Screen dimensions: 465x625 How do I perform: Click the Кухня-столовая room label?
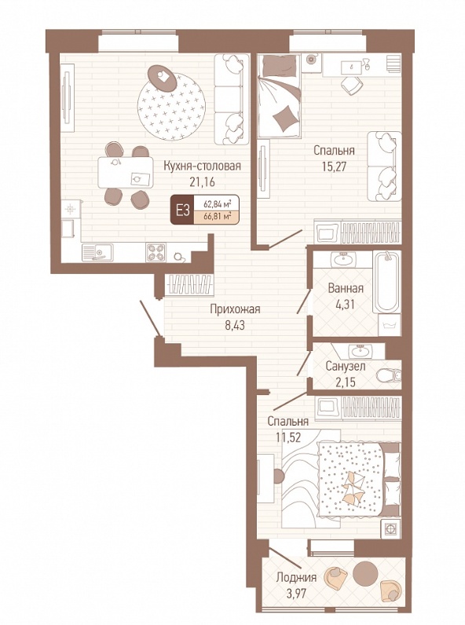tap(202, 166)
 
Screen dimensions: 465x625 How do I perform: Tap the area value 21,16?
tap(202, 182)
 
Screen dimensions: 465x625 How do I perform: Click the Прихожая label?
tap(235, 309)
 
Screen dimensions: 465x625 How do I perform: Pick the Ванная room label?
tap(346, 288)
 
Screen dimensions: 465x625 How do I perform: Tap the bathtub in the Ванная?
tap(386, 282)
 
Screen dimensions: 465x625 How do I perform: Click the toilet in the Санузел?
tap(389, 375)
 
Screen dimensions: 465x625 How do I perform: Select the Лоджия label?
tap(296, 578)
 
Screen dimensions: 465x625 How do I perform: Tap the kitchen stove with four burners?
tap(156, 252)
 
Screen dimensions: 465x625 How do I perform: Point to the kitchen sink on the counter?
tap(97, 252)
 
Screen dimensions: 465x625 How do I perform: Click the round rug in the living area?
tap(171, 107)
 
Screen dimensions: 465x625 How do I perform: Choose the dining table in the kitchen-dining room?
tap(126, 173)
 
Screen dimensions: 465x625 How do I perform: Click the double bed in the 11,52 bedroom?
tap(351, 479)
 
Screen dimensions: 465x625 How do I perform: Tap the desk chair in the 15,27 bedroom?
tap(351, 85)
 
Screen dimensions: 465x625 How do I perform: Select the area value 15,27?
tap(334, 166)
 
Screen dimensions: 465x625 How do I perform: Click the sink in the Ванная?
tap(342, 260)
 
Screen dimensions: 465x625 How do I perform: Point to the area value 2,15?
tap(346, 382)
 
